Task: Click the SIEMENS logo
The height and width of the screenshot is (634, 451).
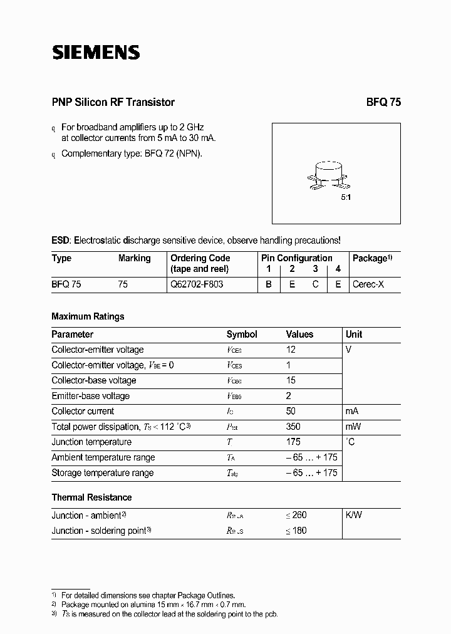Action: (95, 53)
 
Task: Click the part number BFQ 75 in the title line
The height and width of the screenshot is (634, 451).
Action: (383, 102)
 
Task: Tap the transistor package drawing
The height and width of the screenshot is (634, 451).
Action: (329, 176)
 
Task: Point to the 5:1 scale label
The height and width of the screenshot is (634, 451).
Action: (346, 197)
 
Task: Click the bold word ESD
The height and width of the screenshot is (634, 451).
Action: (60, 240)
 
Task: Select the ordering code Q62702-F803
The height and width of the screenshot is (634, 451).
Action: (197, 284)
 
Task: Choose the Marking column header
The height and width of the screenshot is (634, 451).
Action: (134, 258)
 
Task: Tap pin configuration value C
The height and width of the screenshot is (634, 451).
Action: (316, 284)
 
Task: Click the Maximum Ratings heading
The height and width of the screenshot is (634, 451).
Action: (88, 316)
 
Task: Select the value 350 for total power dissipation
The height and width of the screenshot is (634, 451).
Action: (294, 427)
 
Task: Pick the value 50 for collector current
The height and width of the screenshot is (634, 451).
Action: (291, 411)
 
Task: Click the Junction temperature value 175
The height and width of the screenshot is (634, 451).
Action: (294, 442)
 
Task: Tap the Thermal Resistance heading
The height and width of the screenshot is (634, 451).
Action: (91, 497)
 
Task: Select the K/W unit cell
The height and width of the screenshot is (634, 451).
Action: (354, 515)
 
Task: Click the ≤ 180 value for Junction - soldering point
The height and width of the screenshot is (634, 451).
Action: (296, 531)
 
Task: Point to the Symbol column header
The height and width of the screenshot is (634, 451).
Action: (242, 335)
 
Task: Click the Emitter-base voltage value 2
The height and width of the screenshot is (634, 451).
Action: (289, 396)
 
